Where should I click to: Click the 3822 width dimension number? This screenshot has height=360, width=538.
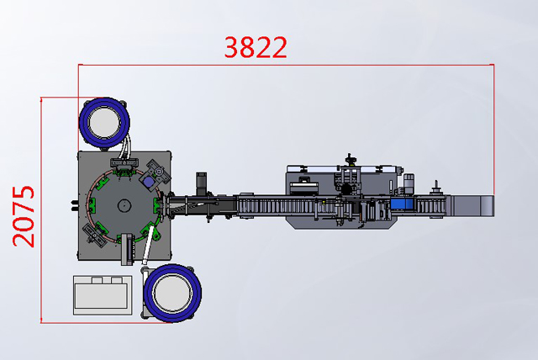(256, 47)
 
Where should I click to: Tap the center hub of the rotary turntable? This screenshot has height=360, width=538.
(124, 204)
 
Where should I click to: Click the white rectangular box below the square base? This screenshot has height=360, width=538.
(101, 294)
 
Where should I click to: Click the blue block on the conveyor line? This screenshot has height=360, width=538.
(402, 204)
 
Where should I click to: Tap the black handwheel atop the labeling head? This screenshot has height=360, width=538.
(349, 159)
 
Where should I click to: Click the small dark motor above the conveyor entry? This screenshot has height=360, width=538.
(202, 181)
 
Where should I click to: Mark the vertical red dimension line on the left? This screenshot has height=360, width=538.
(40, 210)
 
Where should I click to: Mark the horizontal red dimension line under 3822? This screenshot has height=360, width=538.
(286, 65)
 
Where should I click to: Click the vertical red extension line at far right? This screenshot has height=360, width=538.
(493, 126)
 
